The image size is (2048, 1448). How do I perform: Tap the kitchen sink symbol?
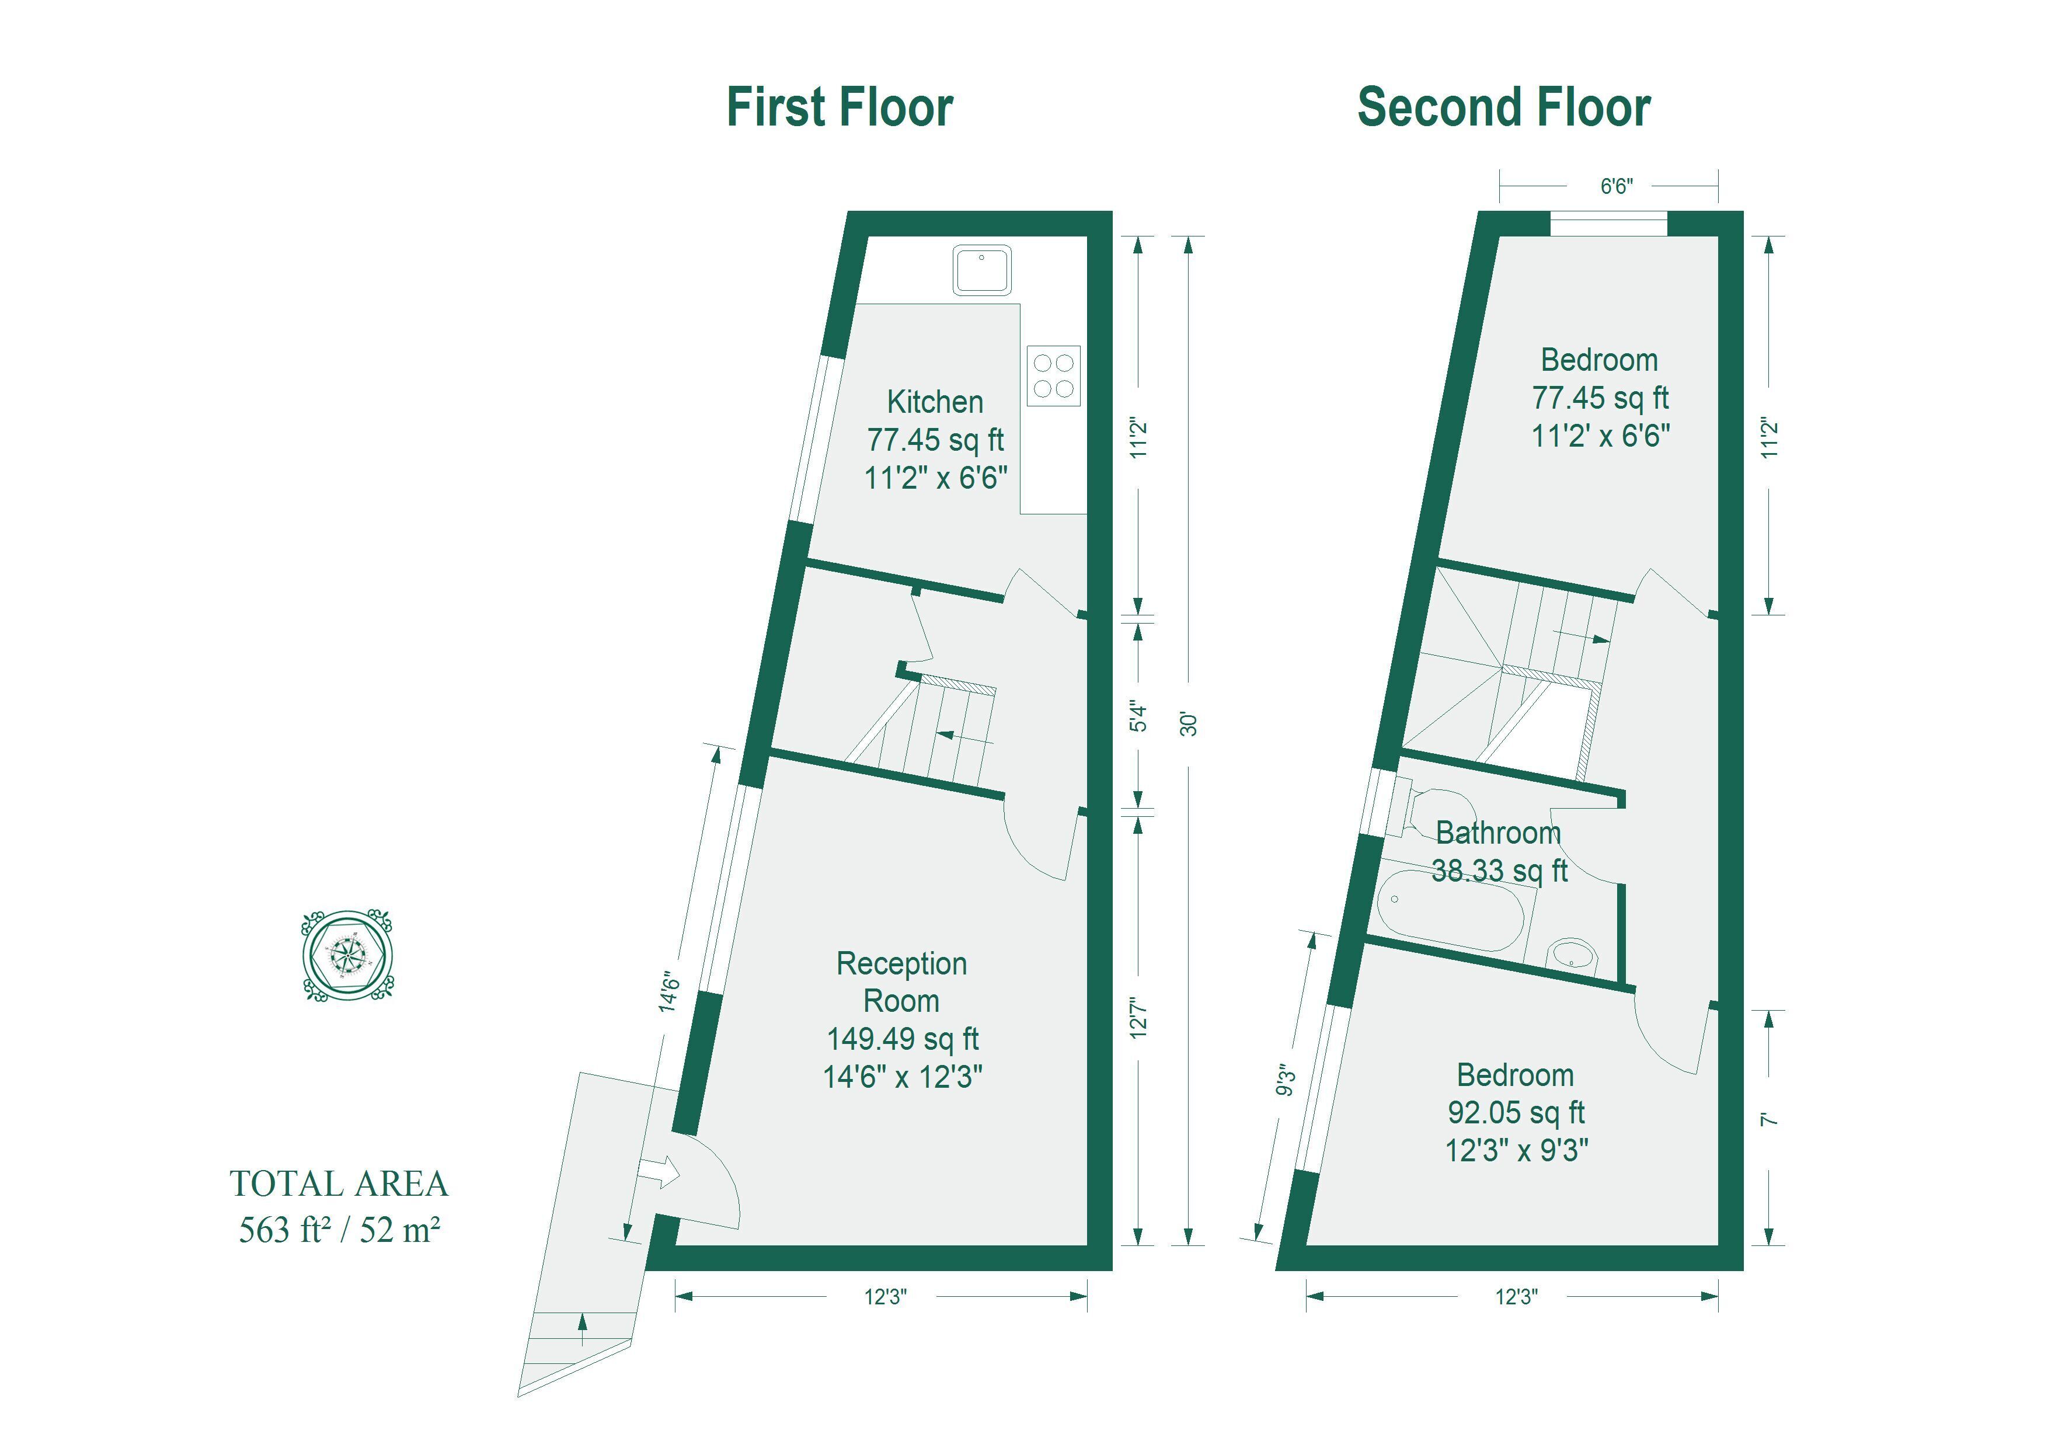click(982, 269)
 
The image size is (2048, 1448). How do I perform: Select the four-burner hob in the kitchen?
click(1053, 375)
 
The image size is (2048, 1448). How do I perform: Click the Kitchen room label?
click(935, 402)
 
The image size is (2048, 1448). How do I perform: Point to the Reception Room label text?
click(902, 981)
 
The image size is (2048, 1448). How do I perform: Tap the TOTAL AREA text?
click(339, 1184)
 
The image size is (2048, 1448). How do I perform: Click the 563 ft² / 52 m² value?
click(339, 1230)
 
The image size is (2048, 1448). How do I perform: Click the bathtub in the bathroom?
click(1450, 911)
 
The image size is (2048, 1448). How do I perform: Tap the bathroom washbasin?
click(1571, 953)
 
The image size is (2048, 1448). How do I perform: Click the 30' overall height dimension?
click(1188, 723)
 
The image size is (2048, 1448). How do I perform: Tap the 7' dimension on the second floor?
click(1770, 1119)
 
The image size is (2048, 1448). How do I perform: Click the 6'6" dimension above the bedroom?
click(1617, 186)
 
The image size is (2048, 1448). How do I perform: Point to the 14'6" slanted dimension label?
click(670, 992)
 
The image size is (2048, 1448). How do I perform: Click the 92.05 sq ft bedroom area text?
click(1516, 1112)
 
